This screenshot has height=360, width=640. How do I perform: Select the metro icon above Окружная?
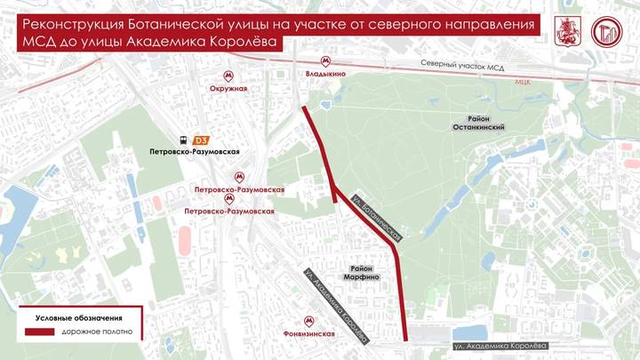point(229,76)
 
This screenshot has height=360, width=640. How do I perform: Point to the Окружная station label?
point(228,89)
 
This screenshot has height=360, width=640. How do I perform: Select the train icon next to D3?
point(183,140)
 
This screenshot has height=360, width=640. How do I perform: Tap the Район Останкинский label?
point(481,123)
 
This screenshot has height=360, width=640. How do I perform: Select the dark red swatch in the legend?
point(39,332)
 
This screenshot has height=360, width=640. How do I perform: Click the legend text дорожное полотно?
point(98,332)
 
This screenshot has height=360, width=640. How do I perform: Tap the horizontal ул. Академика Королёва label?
point(501,345)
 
